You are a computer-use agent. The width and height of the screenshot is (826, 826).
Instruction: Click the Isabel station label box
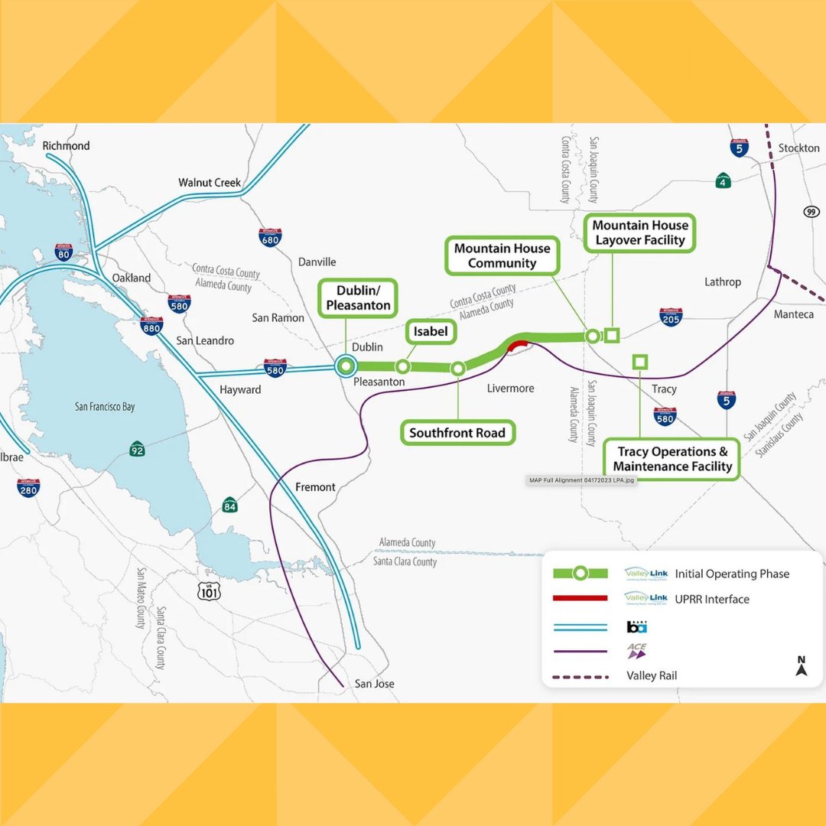(430, 332)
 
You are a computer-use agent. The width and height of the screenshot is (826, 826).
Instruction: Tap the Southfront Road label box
(457, 433)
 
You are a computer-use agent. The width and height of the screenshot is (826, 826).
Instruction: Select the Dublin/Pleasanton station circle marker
(346, 366)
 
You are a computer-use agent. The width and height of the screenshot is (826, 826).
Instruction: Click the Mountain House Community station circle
(592, 335)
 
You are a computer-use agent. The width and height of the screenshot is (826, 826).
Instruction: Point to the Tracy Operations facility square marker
(639, 361)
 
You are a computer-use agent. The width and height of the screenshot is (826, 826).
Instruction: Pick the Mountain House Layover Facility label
(640, 233)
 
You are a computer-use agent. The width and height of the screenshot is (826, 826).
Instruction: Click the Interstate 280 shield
(28, 487)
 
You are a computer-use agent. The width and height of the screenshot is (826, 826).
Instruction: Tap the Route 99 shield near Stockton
(811, 211)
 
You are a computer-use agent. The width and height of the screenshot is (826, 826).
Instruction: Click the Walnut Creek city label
(210, 183)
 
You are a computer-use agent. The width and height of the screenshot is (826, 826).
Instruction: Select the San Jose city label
(375, 683)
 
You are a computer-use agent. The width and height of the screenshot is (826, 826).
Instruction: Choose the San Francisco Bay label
(105, 407)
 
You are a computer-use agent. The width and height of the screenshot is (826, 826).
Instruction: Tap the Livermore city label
(510, 389)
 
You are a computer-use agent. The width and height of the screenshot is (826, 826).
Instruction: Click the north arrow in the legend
(801, 666)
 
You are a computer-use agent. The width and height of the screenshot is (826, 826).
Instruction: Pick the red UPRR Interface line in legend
(579, 598)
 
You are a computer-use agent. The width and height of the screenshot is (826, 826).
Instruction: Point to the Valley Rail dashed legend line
(579, 676)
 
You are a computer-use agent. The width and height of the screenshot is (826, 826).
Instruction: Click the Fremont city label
(315, 487)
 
